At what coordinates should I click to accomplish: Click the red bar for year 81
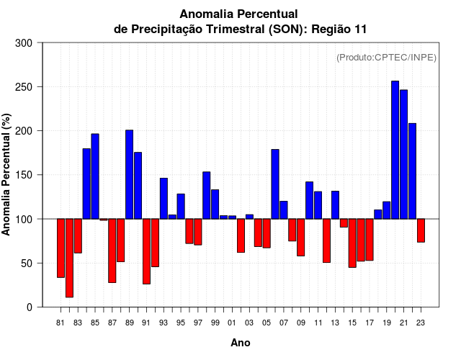tap(61, 248)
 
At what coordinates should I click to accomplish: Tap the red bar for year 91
tap(146, 251)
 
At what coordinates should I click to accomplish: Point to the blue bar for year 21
tap(403, 154)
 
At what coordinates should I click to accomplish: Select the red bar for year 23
tap(421, 230)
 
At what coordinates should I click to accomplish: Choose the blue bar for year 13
tap(335, 204)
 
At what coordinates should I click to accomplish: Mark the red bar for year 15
tap(352, 243)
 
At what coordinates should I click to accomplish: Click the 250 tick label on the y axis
tap(24, 87)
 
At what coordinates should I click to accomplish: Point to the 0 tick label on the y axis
tap(29, 307)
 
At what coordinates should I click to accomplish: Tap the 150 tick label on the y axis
tap(24, 175)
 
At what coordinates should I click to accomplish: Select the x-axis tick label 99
tap(215, 323)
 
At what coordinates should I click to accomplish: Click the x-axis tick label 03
tap(249, 323)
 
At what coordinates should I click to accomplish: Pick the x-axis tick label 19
tap(386, 323)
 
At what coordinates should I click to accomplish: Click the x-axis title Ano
tap(241, 343)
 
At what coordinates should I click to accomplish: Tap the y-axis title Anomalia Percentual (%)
tap(7, 175)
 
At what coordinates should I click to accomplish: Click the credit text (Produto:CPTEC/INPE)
tap(386, 57)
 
